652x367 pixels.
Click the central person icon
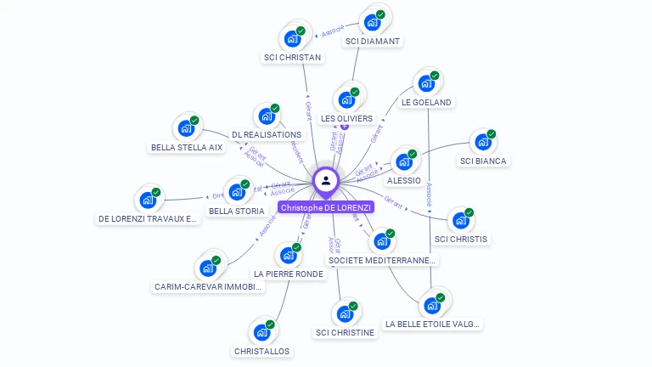[x=326, y=180]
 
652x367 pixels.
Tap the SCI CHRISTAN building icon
[x=292, y=39]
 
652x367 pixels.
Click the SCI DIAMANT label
[x=373, y=41]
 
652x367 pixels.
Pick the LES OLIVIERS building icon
[x=346, y=99]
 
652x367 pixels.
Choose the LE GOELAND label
[x=427, y=102]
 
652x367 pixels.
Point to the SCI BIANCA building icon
[x=482, y=142]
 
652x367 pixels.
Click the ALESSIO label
[x=403, y=181]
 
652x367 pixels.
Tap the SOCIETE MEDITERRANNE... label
[x=382, y=261]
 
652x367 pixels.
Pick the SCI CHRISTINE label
[x=345, y=332]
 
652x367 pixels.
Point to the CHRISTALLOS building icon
[x=261, y=331]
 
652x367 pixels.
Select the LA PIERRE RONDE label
[x=289, y=274]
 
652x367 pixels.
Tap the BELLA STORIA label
[x=237, y=211]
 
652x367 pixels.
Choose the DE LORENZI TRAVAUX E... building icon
[x=148, y=200]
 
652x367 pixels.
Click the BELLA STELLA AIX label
[x=187, y=147]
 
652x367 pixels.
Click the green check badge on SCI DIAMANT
[x=380, y=14]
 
